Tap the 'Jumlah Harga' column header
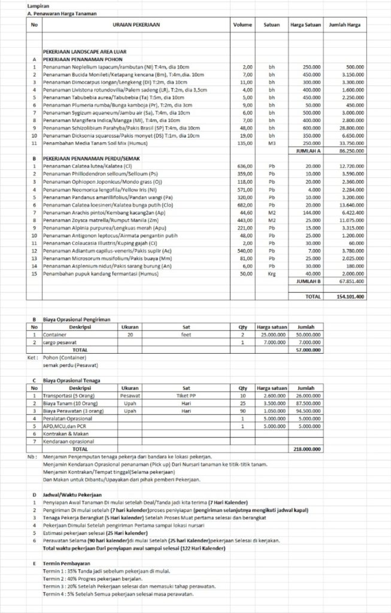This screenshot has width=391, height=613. [x=345, y=26]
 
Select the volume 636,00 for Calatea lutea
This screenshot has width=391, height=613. [x=245, y=166]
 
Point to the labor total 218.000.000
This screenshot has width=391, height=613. [x=307, y=448]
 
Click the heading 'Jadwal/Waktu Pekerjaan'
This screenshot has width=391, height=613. [x=72, y=495]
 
